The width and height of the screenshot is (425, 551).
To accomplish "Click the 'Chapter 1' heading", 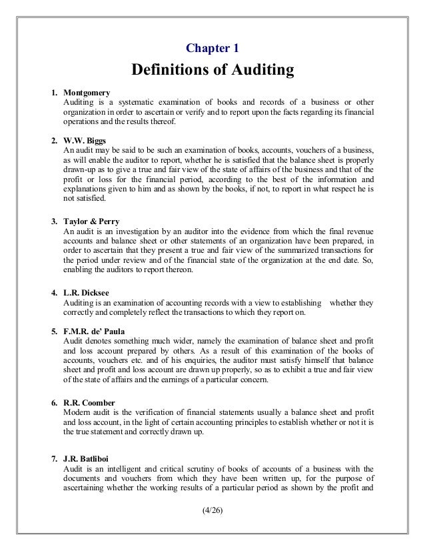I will point(212,48).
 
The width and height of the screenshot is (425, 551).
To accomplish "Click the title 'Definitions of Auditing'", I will point(212,69).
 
